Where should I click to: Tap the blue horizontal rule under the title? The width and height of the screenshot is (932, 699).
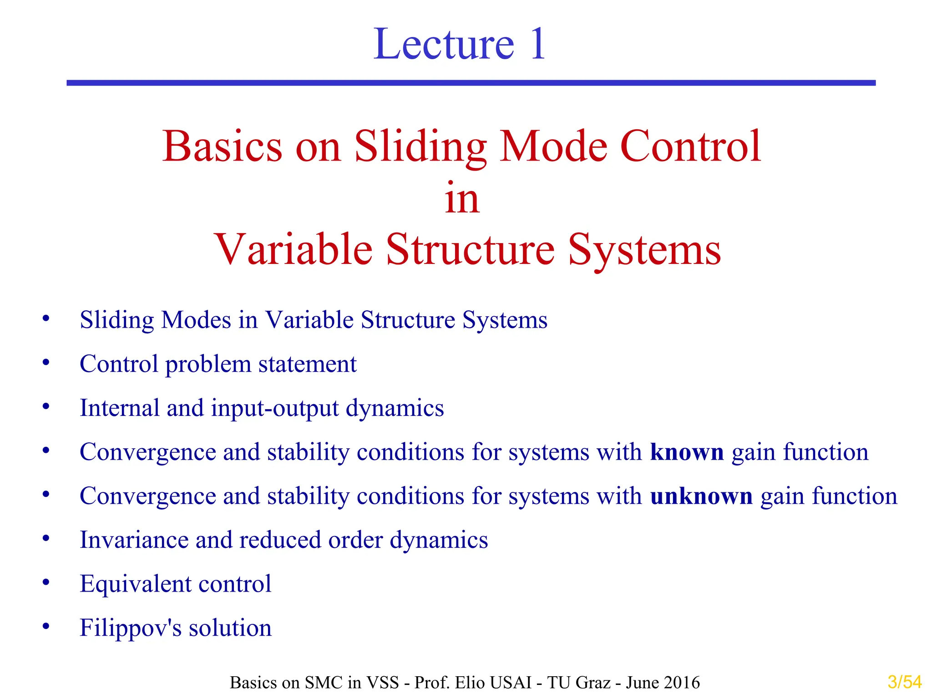pyautogui.click(x=471, y=83)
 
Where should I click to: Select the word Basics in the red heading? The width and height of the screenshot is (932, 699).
pyautogui.click(x=223, y=147)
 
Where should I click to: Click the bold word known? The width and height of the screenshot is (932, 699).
pyautogui.click(x=687, y=452)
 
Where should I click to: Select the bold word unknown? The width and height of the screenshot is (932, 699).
pyautogui.click(x=701, y=496)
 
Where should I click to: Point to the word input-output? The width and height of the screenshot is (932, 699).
pyautogui.click(x=275, y=408)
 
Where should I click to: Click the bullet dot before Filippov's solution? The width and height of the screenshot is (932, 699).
pyautogui.click(x=46, y=627)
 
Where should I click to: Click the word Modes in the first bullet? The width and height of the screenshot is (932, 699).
pyautogui.click(x=196, y=320)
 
